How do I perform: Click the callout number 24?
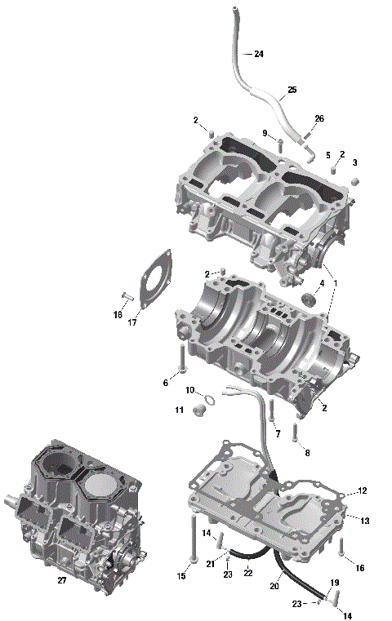[259, 54]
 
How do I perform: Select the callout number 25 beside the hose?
[292, 90]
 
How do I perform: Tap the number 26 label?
[318, 119]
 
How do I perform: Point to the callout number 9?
[265, 133]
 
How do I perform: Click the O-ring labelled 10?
[210, 400]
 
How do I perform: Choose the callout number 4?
[322, 283]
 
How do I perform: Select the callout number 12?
[363, 490]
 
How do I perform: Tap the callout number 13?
[365, 520]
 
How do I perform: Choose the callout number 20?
[275, 586]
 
